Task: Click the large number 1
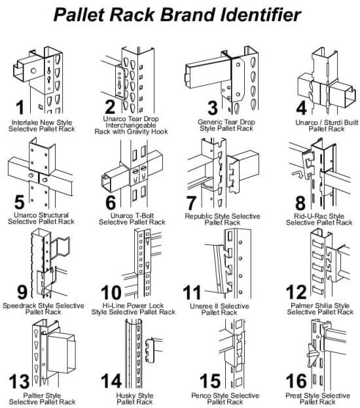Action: coord(20,107)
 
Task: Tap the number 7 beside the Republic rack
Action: coord(191,203)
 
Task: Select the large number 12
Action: coord(297,292)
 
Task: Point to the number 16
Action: coord(297,381)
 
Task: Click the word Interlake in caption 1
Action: coord(24,122)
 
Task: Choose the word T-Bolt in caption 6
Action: coord(143,215)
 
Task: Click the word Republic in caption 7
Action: coord(199,216)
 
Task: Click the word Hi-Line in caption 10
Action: coord(113,305)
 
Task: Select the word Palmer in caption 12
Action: coord(301,305)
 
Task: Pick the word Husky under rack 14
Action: coord(126,396)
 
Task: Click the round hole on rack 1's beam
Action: coord(33,71)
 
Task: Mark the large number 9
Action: coord(22,292)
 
